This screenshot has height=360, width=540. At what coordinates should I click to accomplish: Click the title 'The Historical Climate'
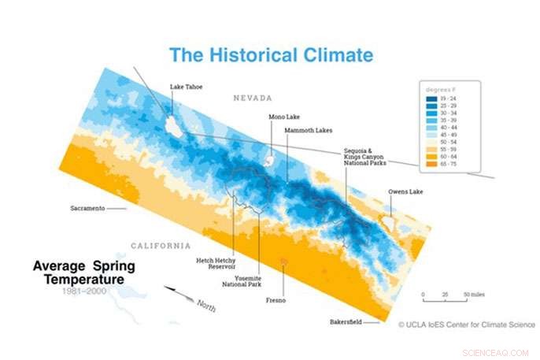(271, 55)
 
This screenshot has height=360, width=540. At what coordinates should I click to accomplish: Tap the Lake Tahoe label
(187, 87)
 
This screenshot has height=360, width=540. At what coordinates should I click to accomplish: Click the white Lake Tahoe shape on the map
(173, 126)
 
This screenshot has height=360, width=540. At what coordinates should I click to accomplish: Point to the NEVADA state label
(251, 98)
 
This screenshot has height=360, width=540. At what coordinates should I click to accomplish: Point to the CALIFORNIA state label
(161, 245)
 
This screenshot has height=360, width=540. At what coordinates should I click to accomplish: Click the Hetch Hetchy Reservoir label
(213, 263)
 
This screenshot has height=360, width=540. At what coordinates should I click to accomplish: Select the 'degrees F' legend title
(438, 91)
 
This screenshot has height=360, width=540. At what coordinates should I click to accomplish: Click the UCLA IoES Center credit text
(467, 324)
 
